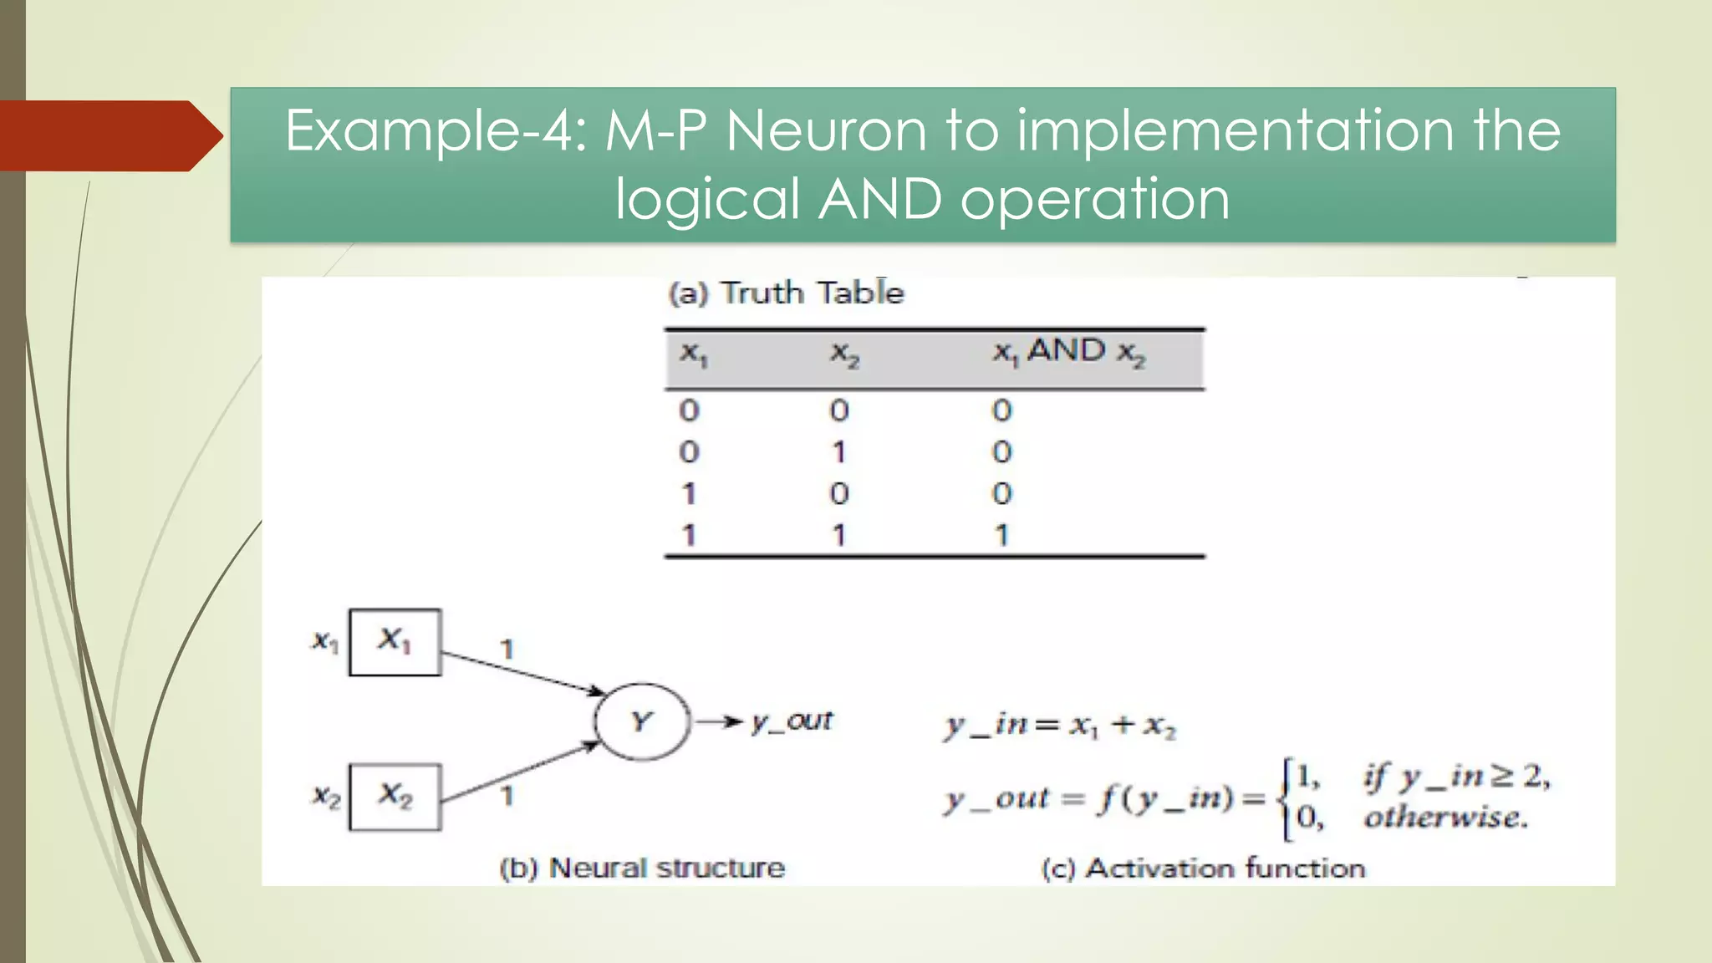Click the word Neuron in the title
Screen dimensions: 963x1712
(x=827, y=131)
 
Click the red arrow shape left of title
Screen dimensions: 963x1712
(x=109, y=135)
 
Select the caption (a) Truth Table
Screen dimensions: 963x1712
(x=786, y=293)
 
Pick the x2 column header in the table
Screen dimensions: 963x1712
(x=843, y=354)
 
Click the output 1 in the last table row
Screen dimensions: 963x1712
(x=1001, y=535)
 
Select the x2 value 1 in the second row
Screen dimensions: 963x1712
(x=839, y=452)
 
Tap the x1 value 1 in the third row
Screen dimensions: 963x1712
(x=689, y=494)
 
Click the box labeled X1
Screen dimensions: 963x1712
(x=395, y=642)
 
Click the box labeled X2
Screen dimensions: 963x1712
(x=395, y=796)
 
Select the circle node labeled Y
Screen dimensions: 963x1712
(x=642, y=721)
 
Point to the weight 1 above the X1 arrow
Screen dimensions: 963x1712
(x=507, y=650)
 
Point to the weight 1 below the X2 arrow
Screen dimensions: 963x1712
(x=507, y=796)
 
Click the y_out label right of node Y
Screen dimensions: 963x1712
(x=791, y=721)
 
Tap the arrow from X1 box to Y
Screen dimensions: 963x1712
(x=522, y=673)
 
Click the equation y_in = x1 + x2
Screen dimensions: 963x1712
(x=1060, y=726)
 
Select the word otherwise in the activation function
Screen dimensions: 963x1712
(x=1445, y=818)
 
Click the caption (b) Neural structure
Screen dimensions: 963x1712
(x=642, y=868)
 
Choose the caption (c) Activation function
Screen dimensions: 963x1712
(x=1203, y=869)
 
